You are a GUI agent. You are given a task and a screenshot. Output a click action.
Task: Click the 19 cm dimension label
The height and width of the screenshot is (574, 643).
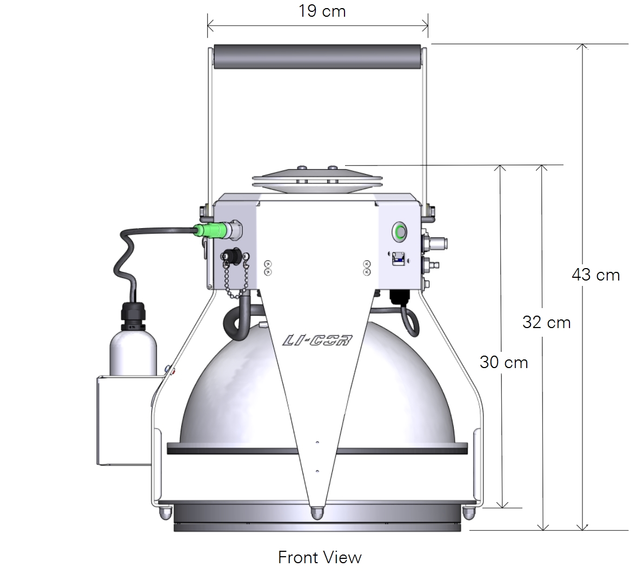[322, 11]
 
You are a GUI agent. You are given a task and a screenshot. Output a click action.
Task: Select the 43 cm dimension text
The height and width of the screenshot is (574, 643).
[595, 275]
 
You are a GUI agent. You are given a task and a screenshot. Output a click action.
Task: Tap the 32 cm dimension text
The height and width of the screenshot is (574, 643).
[546, 323]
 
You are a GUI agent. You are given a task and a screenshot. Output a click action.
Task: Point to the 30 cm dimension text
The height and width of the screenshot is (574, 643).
[503, 362]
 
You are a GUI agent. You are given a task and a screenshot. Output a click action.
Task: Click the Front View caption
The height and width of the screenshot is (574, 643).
[320, 557]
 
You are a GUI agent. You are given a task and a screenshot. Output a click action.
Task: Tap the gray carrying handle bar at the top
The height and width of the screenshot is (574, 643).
[317, 57]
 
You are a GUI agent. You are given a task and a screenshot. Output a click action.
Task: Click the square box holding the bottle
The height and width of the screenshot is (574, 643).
[123, 421]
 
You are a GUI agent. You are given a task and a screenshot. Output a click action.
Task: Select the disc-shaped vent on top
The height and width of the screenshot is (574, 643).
[317, 179]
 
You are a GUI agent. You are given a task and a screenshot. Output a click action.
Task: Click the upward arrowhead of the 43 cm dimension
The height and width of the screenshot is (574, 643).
[582, 48]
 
